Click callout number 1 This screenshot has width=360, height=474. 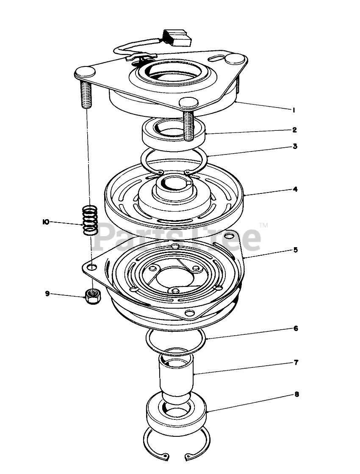(x=294, y=110)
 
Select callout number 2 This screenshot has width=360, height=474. (x=295, y=130)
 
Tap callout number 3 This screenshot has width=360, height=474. (x=295, y=146)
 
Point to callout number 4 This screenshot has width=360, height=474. (x=295, y=189)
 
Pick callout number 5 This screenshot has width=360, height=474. (x=296, y=250)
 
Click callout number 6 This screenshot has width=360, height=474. (x=296, y=328)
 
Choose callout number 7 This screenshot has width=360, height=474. (x=296, y=362)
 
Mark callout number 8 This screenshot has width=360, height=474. (x=296, y=394)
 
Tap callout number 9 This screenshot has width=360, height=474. (x=47, y=294)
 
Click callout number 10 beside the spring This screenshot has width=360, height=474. (x=46, y=222)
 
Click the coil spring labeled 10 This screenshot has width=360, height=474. (x=90, y=220)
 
